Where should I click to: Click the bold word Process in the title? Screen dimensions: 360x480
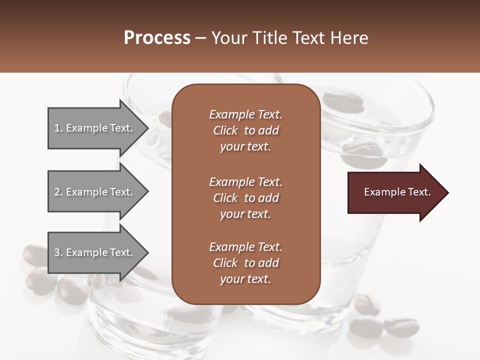coord(157,38)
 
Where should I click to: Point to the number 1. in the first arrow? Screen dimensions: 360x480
coord(58,128)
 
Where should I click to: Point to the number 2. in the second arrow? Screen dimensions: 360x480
coord(58,192)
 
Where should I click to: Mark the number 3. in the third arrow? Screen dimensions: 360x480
coord(58,252)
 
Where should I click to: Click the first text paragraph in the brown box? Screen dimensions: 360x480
coord(245,130)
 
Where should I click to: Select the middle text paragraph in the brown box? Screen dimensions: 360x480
coord(245,198)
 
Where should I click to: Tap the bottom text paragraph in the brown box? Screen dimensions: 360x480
coord(245,263)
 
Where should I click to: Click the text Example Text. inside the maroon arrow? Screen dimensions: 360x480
coord(397,192)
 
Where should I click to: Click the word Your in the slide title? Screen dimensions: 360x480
coord(228,38)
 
